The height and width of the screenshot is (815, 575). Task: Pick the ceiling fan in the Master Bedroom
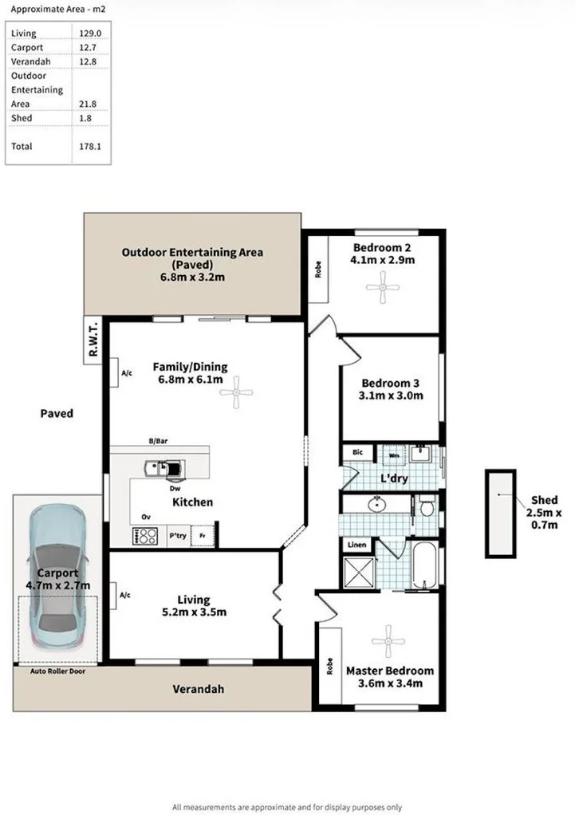click(388, 640)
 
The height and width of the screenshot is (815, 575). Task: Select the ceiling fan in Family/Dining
click(237, 392)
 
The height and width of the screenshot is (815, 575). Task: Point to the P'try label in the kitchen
click(177, 536)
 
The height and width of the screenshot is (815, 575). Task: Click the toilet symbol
click(427, 505)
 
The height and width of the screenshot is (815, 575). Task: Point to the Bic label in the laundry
click(357, 452)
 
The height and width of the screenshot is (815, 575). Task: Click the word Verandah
click(199, 689)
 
